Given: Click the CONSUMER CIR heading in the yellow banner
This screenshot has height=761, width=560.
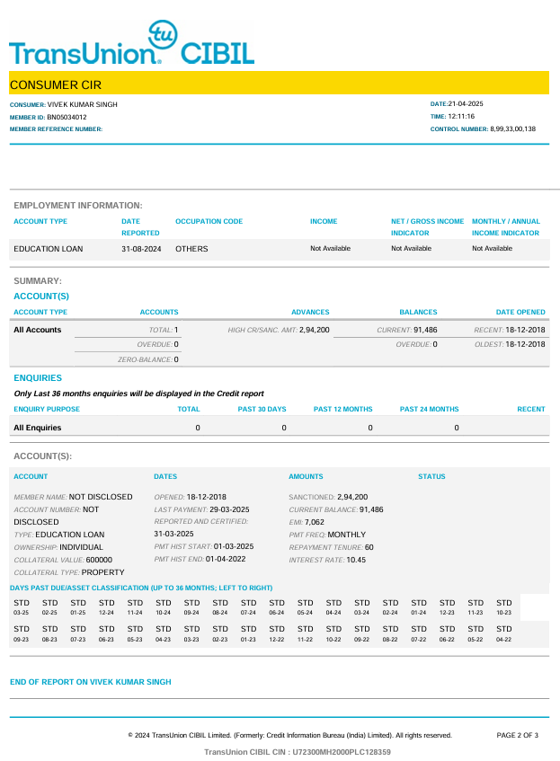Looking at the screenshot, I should tap(56, 84).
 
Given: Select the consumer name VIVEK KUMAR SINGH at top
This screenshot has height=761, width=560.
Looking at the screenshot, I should tap(82, 104).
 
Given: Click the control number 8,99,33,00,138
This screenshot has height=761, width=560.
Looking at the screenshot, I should tap(512, 129).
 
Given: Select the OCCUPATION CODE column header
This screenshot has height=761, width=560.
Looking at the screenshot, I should tap(209, 221).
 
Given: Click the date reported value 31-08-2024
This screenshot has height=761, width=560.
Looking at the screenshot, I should tap(141, 249).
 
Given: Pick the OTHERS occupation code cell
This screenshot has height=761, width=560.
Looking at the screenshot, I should tap(191, 249).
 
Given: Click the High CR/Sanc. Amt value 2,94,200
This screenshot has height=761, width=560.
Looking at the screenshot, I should tap(314, 330).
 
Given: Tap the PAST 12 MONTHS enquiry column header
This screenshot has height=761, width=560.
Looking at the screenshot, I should tap(342, 409).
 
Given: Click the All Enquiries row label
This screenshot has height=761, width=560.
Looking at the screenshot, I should tap(37, 429).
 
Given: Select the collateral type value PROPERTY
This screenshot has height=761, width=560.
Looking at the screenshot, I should tap(102, 572).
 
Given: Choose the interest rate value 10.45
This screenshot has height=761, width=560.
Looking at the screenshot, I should tap(356, 560).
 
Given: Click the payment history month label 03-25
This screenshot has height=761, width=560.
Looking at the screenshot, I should tap(22, 613).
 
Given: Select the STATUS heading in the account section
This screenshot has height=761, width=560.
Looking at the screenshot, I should tap(431, 477).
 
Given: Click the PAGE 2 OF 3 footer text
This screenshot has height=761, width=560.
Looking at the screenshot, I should tap(517, 735).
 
